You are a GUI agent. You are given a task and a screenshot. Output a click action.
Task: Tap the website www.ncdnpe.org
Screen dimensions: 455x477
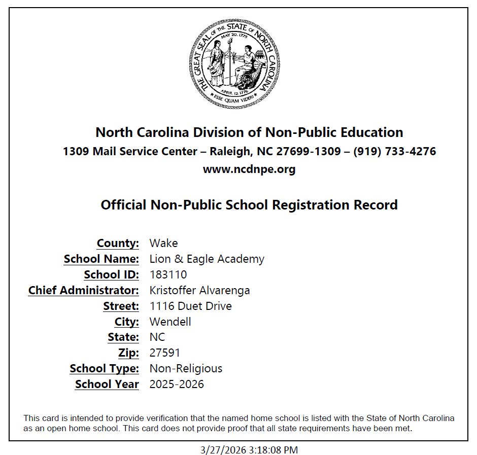(249, 169)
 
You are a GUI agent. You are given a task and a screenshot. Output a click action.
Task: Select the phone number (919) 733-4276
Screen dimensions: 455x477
(394, 151)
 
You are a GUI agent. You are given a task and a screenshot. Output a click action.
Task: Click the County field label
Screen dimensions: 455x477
(118, 243)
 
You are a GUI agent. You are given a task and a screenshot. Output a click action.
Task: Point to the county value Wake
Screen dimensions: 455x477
(163, 243)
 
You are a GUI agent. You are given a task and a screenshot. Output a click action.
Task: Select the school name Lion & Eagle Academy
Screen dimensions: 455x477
(207, 259)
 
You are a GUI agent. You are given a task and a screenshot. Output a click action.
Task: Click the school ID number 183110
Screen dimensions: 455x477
(168, 275)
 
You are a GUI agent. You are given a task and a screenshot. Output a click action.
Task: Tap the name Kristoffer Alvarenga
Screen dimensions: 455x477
(199, 291)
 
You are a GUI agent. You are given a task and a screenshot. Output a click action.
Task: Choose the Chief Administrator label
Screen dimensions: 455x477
(83, 291)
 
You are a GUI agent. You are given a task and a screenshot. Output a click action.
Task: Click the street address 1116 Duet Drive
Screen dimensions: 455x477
(190, 306)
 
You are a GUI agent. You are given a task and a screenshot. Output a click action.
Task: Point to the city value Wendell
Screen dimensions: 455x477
(170, 322)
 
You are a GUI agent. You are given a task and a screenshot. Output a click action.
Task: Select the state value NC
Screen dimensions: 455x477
(157, 337)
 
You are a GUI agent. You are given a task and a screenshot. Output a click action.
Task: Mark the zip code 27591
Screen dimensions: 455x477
(164, 353)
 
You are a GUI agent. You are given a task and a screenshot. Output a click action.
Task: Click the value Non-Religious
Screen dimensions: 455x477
(186, 369)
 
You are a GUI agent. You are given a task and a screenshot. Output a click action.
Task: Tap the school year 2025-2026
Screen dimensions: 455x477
(177, 384)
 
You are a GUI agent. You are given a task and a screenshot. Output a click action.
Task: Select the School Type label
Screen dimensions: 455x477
(104, 369)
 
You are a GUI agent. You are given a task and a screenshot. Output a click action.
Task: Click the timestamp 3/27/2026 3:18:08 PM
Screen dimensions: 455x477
(249, 450)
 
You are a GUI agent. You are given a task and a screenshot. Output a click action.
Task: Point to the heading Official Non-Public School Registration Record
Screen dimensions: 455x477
(249, 205)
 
